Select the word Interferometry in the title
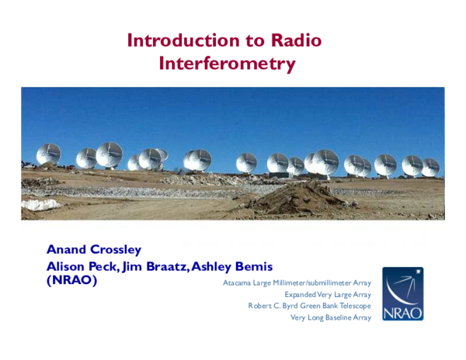point(227,64)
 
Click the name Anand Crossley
point(94,249)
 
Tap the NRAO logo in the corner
point(402,294)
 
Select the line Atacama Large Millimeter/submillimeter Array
point(297,282)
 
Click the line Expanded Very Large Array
point(327,294)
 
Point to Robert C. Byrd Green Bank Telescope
point(309,306)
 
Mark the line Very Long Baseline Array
point(330,317)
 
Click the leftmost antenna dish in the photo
point(48,154)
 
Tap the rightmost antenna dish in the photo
point(429,167)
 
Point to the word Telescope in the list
point(353,306)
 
